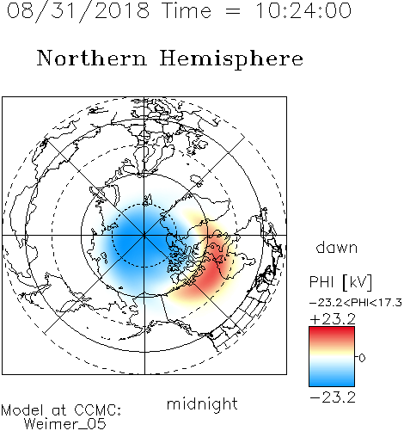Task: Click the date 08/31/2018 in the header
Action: point(78,11)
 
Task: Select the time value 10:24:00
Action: point(303,10)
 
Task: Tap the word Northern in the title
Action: point(92,58)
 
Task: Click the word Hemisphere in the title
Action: point(231,59)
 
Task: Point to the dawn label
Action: point(337,247)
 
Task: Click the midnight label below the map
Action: point(202,404)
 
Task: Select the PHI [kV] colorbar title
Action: point(340,282)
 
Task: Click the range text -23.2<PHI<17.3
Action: point(356,302)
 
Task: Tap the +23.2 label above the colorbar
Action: point(333,319)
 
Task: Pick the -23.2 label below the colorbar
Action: point(333,397)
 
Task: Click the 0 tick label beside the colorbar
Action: point(362,358)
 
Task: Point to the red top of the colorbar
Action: point(332,333)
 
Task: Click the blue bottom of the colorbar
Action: point(332,380)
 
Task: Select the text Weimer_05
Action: point(65,423)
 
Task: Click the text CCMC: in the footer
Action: point(98,409)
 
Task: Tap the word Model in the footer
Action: point(22,410)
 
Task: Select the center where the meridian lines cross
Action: point(144,235)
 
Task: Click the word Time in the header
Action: point(187,10)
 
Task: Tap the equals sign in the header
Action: point(233,11)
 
